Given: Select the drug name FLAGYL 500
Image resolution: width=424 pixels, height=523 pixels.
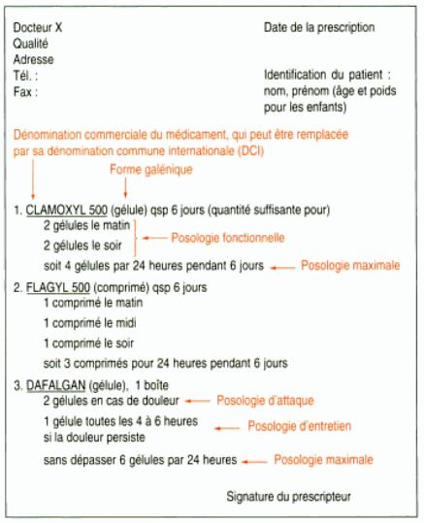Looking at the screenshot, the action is [x=57, y=287].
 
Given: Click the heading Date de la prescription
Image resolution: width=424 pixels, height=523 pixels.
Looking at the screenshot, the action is [x=318, y=28].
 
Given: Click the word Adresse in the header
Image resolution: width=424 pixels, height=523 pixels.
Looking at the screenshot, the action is [x=34, y=59].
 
